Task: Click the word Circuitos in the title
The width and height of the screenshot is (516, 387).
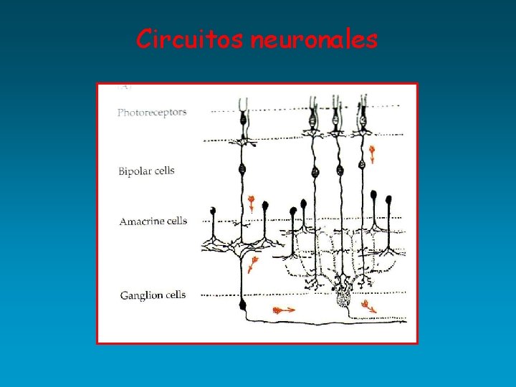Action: (x=191, y=39)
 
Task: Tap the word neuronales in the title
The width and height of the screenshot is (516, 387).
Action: (x=314, y=39)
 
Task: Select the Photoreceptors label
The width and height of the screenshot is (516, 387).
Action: (x=152, y=112)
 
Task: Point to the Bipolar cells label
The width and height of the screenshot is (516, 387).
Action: (x=146, y=171)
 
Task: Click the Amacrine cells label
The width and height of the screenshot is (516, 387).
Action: (x=153, y=221)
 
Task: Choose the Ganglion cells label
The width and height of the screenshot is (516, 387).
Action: (x=153, y=295)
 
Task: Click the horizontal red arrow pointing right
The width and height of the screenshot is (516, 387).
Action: (x=284, y=310)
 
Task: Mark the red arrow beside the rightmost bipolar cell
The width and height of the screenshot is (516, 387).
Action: (x=372, y=153)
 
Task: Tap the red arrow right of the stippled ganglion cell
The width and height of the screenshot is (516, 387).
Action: (x=368, y=307)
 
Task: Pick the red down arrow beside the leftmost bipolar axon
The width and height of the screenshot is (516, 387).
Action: (x=252, y=204)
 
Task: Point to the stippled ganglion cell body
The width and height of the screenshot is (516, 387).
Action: (x=343, y=292)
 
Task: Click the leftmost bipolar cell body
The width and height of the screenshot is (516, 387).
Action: (x=242, y=171)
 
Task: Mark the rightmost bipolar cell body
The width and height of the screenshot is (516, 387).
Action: (x=361, y=164)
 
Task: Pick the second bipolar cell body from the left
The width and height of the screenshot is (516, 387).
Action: (x=314, y=172)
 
